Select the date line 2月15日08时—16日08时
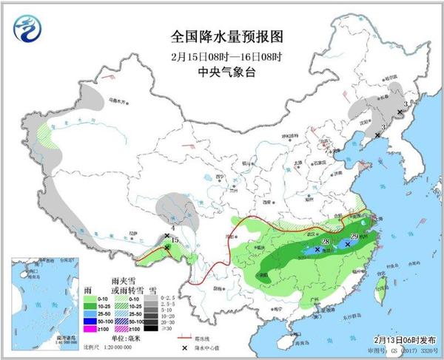click(x=222, y=55)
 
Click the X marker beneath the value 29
click(x=348, y=243)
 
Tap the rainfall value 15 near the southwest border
click(x=175, y=241)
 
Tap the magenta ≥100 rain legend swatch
click(x=89, y=330)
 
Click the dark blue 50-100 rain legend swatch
click(x=89, y=322)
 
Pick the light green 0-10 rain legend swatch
click(x=89, y=297)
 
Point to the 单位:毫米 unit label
click(x=127, y=339)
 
